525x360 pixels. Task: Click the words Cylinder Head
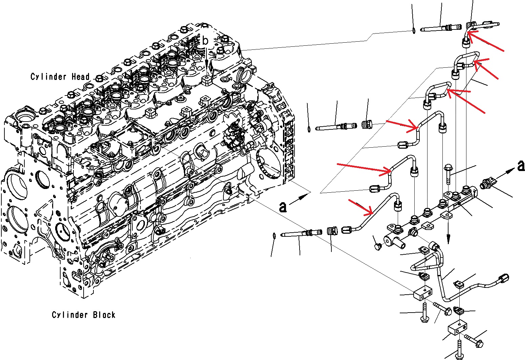60,77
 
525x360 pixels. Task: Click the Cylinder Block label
83,315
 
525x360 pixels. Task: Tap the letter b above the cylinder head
205,41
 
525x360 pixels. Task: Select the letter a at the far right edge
521,166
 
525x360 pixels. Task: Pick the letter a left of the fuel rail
283,206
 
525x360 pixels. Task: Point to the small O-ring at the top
414,31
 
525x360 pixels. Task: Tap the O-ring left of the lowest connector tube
275,235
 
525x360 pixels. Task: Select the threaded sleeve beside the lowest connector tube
332,232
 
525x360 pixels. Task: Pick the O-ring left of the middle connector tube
309,129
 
